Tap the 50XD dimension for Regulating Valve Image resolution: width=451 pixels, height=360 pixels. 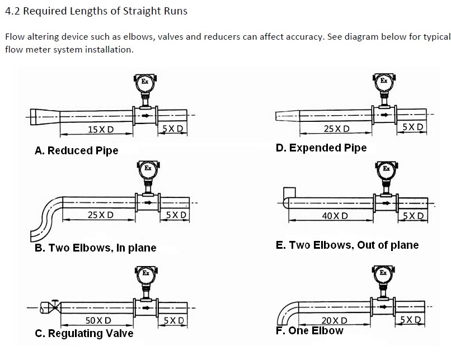98,320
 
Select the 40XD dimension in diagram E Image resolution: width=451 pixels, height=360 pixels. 335,215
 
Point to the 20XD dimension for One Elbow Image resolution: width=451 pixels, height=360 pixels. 335,320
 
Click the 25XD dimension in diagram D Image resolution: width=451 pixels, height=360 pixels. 337,129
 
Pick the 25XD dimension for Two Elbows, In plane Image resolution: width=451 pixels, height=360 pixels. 101,215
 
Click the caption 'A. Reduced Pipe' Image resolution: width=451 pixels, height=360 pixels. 77,151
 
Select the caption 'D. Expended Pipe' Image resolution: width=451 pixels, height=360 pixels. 321,148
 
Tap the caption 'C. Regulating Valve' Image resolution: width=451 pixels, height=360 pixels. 84,334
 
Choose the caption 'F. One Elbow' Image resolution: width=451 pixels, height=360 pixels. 309,330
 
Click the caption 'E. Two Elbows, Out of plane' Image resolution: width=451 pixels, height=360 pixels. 347,245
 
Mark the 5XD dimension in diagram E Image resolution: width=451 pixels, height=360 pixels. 413,215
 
